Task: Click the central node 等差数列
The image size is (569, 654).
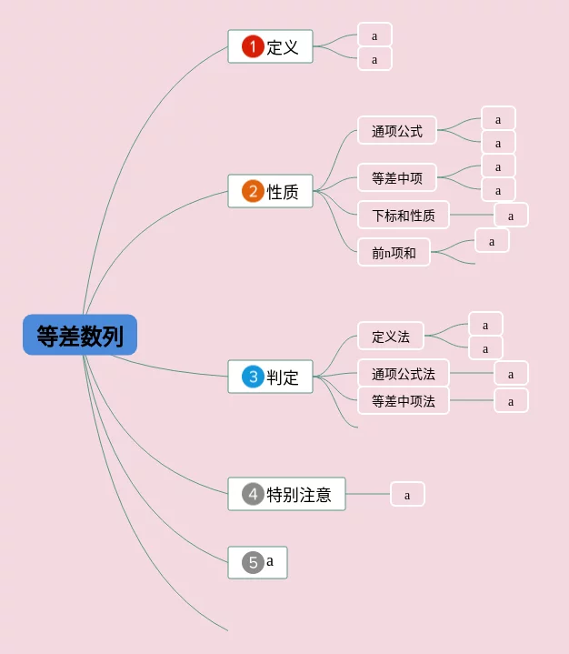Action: [80, 335]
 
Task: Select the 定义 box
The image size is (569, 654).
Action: [270, 46]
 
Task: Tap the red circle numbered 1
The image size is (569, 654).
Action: [253, 46]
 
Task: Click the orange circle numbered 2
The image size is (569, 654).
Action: [253, 191]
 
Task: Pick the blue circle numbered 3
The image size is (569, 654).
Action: [253, 377]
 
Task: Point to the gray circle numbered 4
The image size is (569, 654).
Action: [253, 494]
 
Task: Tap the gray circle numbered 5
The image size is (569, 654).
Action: [253, 562]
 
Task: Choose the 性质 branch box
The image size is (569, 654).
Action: [270, 191]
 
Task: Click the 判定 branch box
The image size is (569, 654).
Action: [270, 377]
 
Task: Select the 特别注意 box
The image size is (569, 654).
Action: [287, 494]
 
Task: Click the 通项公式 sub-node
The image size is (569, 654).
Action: [397, 131]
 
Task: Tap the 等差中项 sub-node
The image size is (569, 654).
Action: [397, 177]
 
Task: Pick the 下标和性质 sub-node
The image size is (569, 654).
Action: [403, 215]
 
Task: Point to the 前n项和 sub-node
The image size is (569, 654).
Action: [394, 252]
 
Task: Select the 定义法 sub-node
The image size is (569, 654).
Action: [391, 336]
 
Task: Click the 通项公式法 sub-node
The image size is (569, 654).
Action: [403, 373]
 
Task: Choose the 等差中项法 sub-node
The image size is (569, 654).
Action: [403, 400]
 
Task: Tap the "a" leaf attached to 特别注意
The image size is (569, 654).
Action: [407, 494]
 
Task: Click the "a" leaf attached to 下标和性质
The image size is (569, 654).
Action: [511, 215]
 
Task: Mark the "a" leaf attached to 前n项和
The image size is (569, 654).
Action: [492, 240]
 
